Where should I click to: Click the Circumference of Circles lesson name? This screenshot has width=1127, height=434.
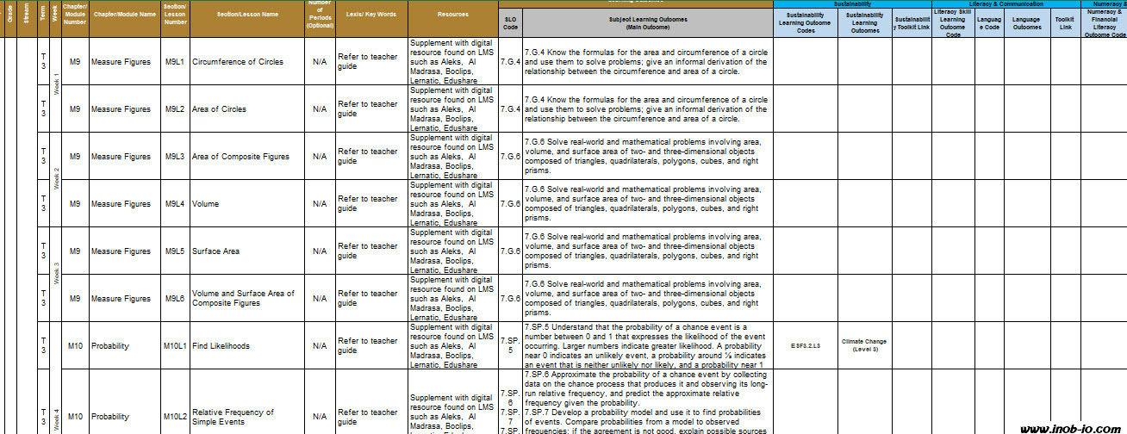click(237, 62)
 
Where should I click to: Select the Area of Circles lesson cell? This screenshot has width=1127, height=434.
click(219, 109)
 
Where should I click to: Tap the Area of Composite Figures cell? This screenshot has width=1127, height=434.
click(240, 157)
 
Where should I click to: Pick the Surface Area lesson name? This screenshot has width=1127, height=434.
click(215, 251)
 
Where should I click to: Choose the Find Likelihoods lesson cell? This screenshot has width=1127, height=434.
click(221, 346)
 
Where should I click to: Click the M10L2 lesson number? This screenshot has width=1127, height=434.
click(175, 417)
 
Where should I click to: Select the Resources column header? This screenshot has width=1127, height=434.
click(453, 15)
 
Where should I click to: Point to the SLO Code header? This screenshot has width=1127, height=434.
click(510, 22)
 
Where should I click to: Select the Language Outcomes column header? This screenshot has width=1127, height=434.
click(1026, 22)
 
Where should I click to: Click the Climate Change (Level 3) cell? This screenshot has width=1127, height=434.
click(864, 346)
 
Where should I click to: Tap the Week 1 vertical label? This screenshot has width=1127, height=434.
click(57, 78)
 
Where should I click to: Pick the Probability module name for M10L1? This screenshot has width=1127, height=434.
click(109, 346)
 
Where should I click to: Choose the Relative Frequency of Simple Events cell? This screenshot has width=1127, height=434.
click(233, 417)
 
